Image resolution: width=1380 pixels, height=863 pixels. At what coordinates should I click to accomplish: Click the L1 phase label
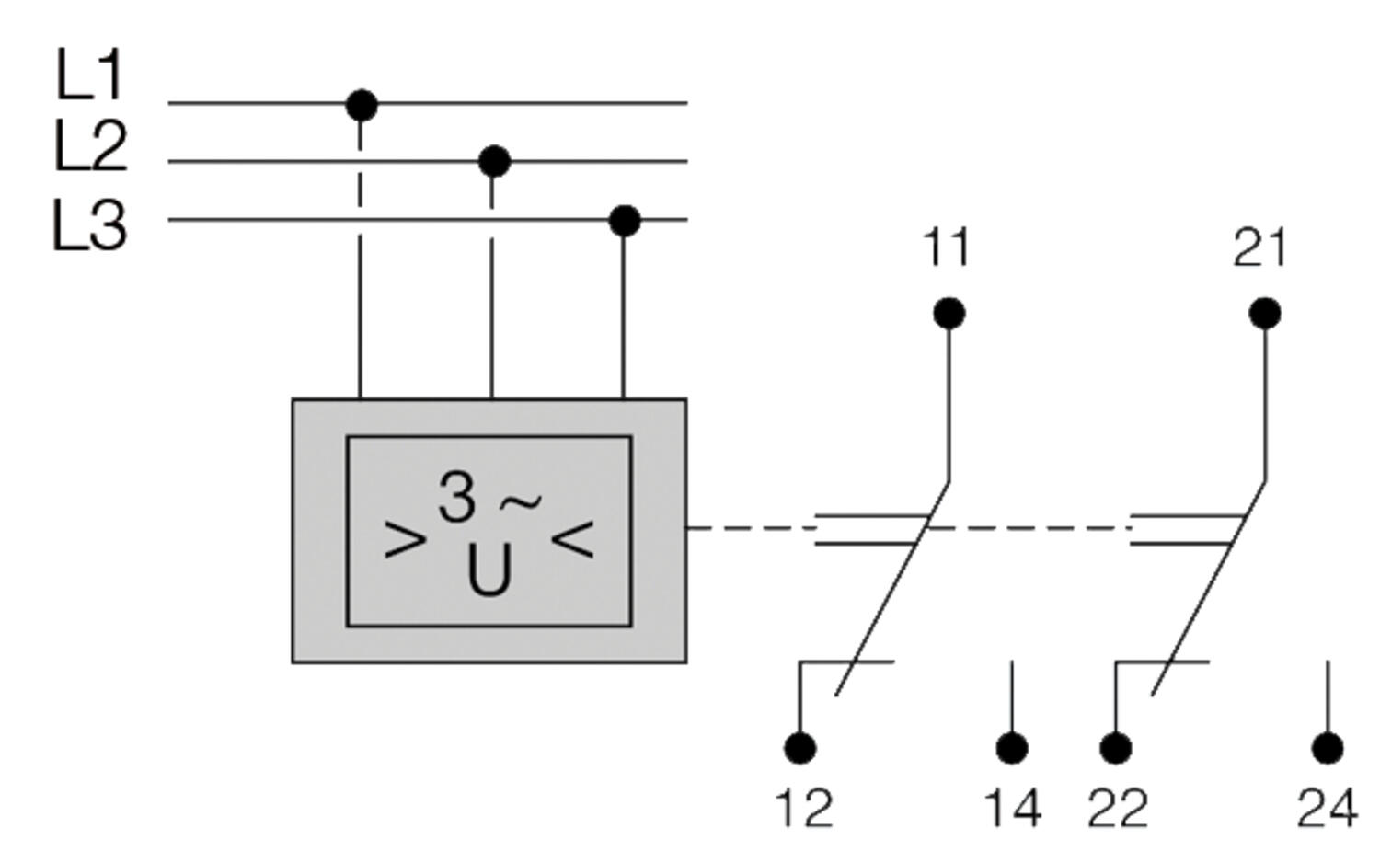(89, 75)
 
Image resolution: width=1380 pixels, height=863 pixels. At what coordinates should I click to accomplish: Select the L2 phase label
(90, 147)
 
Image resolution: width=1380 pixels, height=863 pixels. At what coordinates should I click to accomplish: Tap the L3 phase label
(89, 226)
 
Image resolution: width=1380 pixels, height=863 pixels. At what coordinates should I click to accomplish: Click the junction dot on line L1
(362, 105)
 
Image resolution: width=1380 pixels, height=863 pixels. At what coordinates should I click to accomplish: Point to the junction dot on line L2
(494, 162)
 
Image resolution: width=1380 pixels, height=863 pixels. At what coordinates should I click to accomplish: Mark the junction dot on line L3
(625, 221)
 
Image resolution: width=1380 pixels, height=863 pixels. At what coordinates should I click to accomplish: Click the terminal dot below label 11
(949, 314)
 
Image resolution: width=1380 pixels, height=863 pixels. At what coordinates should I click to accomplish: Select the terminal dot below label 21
(1265, 314)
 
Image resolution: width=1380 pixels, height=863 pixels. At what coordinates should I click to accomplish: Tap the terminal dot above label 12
(799, 747)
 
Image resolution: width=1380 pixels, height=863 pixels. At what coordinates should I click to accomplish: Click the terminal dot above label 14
(1012, 747)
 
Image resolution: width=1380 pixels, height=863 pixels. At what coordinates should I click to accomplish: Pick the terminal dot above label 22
(1115, 747)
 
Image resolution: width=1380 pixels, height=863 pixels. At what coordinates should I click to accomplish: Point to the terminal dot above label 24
(1327, 747)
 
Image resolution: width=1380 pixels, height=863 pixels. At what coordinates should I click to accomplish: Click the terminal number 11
(946, 248)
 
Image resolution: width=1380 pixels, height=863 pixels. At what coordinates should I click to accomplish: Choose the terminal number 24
(1327, 809)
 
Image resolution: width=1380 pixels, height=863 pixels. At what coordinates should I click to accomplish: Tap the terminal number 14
(1013, 809)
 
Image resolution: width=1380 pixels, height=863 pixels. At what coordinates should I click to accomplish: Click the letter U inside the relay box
(489, 572)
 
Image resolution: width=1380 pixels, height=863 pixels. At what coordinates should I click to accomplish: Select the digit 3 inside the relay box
(457, 497)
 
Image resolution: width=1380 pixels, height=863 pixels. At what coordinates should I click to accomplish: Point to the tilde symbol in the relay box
(520, 502)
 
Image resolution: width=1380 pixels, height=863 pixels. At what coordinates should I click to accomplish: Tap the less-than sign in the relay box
(572, 539)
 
